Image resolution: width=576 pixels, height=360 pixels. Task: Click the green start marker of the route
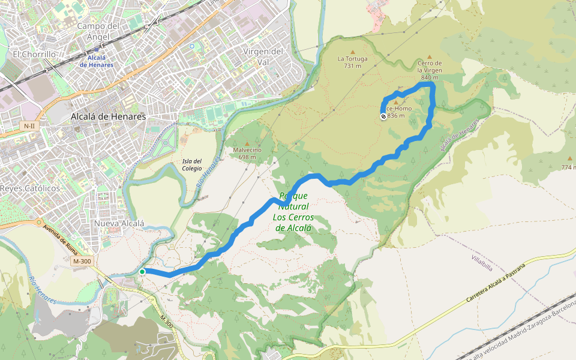142,272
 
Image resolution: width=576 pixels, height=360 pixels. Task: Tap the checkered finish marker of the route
383,116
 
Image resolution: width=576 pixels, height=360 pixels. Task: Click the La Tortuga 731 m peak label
352,62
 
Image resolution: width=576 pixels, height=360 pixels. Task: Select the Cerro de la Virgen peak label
430,70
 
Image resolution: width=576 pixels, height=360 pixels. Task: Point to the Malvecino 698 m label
247,154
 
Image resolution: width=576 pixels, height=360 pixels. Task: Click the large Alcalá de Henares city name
108,116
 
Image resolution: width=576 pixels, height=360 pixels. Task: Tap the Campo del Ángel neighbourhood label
99,31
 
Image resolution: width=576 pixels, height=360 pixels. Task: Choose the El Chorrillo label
34,54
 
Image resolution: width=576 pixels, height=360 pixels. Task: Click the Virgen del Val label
263,56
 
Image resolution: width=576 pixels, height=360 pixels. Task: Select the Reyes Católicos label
31,188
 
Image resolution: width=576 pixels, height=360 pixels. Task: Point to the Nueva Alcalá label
119,223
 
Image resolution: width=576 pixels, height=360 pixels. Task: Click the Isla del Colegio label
192,164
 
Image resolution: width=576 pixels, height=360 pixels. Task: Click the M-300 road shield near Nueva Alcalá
82,262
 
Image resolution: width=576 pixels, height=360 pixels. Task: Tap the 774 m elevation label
568,167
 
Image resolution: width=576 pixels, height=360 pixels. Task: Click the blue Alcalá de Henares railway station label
97,61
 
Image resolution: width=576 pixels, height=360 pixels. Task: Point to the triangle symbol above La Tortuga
352,51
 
